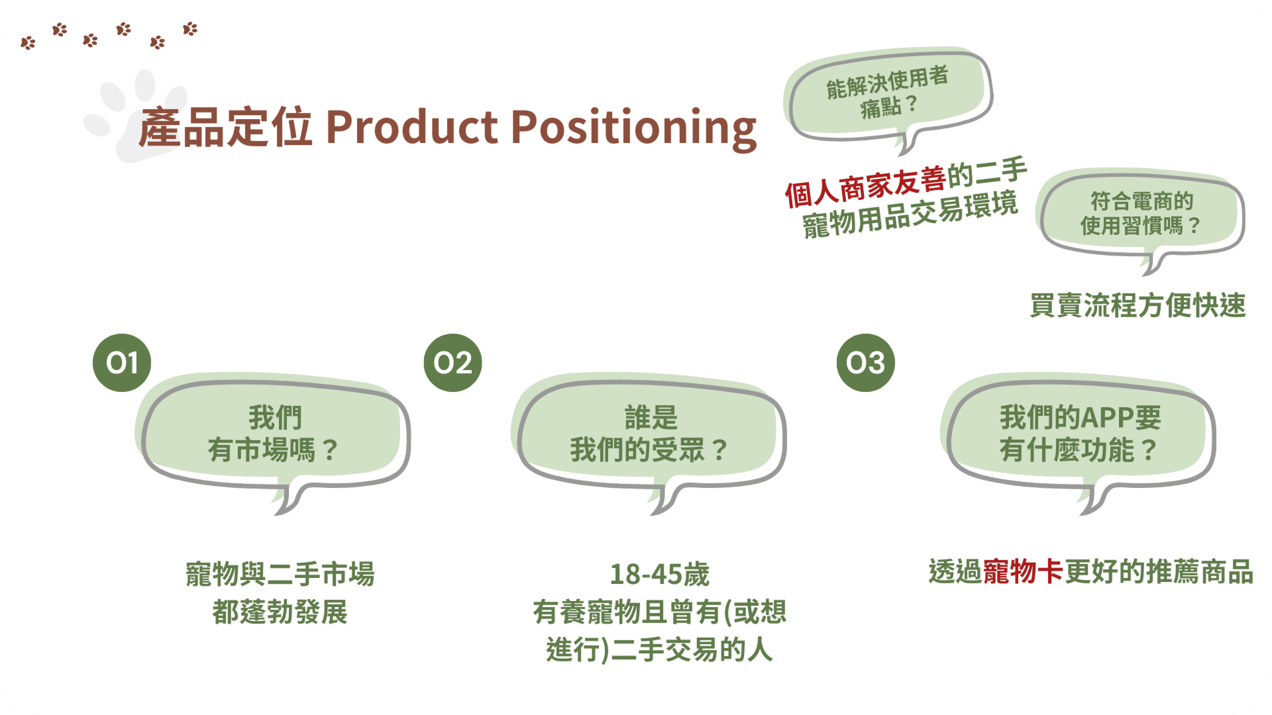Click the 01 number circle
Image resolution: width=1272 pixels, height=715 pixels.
122,363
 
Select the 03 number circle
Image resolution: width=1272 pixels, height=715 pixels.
865,363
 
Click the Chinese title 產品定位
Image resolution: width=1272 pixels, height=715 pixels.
225,127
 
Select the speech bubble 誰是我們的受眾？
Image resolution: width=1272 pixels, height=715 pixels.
650,434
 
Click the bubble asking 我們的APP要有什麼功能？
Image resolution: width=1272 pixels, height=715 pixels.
1080,434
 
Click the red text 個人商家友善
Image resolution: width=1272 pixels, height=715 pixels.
865,186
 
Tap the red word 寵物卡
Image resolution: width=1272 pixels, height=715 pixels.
1023,572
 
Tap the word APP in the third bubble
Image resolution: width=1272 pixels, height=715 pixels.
1105,417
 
